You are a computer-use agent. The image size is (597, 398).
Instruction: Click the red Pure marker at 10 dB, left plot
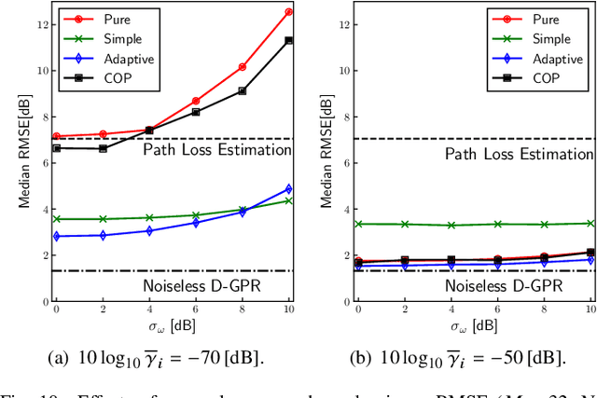pos(288,12)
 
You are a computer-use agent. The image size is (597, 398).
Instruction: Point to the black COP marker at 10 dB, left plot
pos(288,40)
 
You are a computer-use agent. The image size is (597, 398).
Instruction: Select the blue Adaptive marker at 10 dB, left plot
pos(288,189)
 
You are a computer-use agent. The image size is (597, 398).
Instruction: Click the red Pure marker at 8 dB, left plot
pos(242,67)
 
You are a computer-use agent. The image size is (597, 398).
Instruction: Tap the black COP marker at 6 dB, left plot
pos(195,112)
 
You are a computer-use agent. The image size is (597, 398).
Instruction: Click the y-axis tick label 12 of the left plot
pos(38,23)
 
